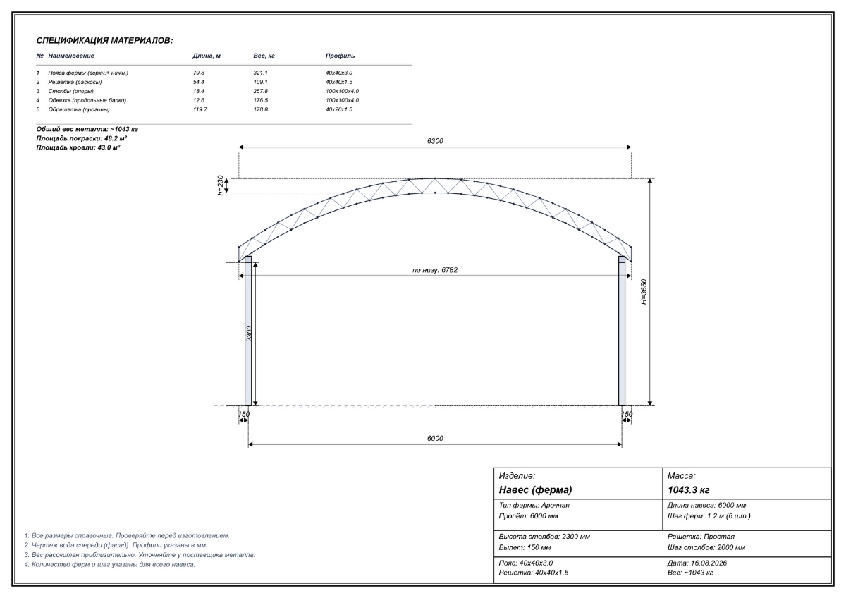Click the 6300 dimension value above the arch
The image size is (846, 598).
pyautogui.click(x=435, y=141)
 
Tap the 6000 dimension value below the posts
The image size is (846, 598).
pyautogui.click(x=435, y=438)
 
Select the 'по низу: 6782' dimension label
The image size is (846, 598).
pyautogui.click(x=435, y=270)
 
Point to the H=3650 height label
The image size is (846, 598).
pyautogui.click(x=644, y=292)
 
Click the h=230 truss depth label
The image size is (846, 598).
pyautogui.click(x=220, y=185)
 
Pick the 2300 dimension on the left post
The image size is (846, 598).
pyautogui.click(x=249, y=334)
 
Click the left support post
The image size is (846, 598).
pyautogui.click(x=247, y=331)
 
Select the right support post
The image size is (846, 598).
pyautogui.click(x=622, y=331)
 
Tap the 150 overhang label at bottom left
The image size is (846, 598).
pyautogui.click(x=244, y=415)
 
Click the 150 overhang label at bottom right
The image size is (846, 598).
pyautogui.click(x=627, y=415)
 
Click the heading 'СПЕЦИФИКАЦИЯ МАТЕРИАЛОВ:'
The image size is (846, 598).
pyautogui.click(x=104, y=41)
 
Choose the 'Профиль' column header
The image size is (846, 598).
pyautogui.click(x=340, y=56)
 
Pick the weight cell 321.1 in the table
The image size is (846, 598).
pyautogui.click(x=260, y=73)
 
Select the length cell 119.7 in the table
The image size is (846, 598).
pyautogui.click(x=200, y=109)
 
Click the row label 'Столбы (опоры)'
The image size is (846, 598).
pyautogui.click(x=70, y=91)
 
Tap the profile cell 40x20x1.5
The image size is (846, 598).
pyautogui.click(x=339, y=109)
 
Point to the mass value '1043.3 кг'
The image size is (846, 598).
pyautogui.click(x=689, y=490)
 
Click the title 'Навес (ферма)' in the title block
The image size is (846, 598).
pyautogui.click(x=535, y=490)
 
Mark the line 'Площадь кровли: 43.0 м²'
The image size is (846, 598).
pyautogui.click(x=78, y=147)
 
